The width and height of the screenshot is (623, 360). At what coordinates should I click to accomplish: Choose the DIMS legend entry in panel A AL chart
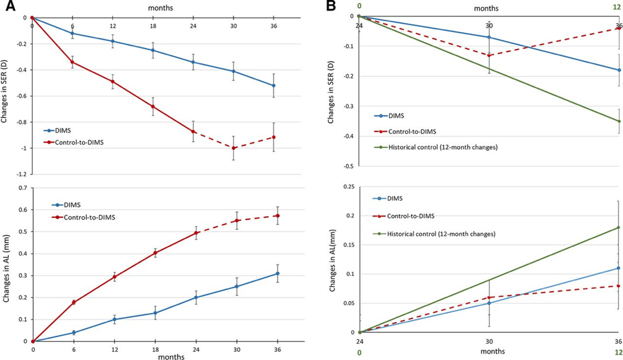pos(66,205)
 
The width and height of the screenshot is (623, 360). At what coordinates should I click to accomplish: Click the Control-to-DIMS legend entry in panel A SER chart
pos(73,142)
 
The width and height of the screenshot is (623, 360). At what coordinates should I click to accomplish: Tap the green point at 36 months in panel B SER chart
pos(619,121)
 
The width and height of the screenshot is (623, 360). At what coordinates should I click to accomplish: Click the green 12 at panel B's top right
pos(618,7)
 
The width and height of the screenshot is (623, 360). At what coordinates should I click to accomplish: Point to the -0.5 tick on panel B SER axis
pos(348,166)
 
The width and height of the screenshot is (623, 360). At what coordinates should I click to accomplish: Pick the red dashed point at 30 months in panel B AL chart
pos(489,297)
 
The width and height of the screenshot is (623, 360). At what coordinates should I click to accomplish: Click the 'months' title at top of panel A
pos(161,7)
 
